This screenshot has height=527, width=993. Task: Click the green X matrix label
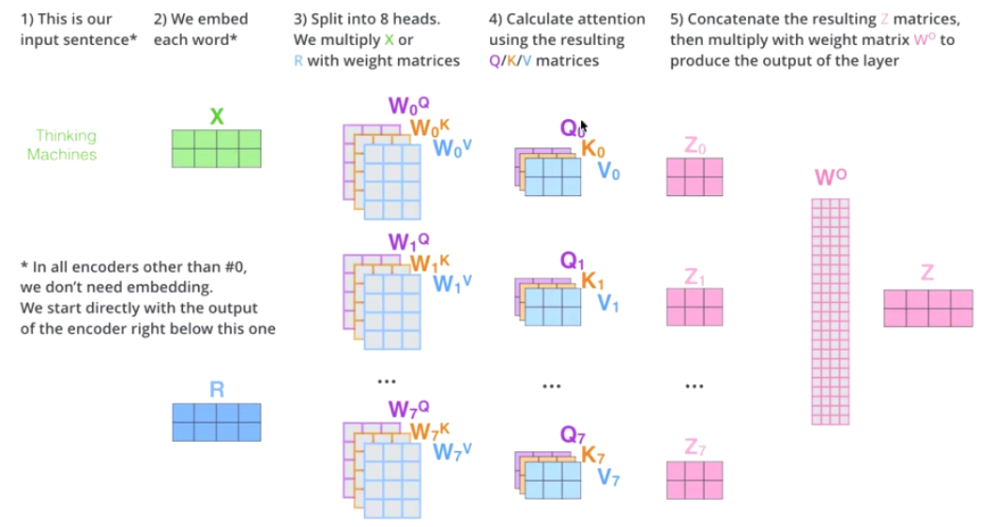[x=217, y=116]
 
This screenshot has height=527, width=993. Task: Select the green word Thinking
[x=66, y=136]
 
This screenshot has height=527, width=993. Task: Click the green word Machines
[x=62, y=155]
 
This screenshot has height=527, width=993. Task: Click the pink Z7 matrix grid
[x=695, y=480]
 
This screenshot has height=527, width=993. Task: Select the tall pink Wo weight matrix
[x=830, y=310]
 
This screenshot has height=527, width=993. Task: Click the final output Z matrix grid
[x=928, y=308]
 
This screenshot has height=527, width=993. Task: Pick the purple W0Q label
[x=408, y=106]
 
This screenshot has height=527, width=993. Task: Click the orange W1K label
[x=430, y=263]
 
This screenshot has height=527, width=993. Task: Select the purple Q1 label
[x=573, y=262]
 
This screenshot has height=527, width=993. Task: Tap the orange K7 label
[x=593, y=455]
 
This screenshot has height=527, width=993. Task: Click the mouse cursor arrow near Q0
[x=584, y=126]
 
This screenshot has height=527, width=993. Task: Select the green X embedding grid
[x=217, y=148]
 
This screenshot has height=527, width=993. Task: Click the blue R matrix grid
[x=217, y=422]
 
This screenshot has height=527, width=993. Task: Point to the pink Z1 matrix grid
[x=695, y=307]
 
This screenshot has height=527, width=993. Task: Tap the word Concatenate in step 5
[x=724, y=20]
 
